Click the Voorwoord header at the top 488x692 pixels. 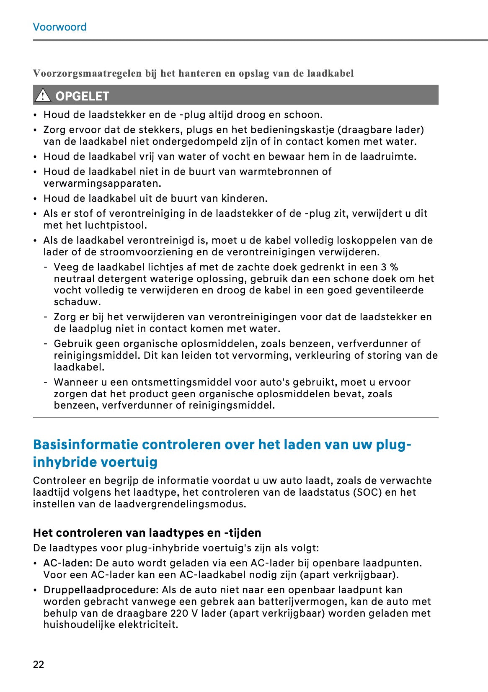59,27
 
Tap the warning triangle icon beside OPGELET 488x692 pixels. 42,96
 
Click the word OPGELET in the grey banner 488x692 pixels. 82,96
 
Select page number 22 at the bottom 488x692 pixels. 38,664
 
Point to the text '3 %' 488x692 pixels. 389,267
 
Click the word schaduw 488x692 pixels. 77,302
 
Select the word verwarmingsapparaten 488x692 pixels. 102,183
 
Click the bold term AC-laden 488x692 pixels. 67,563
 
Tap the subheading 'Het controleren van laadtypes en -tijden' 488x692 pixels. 147,533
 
